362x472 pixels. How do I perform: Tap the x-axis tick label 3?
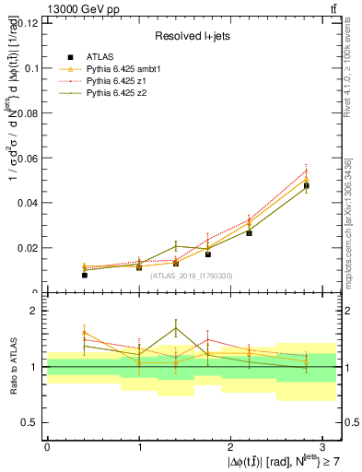(323, 446)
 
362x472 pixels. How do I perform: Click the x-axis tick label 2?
(231, 446)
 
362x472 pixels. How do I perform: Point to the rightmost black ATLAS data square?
(306, 185)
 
